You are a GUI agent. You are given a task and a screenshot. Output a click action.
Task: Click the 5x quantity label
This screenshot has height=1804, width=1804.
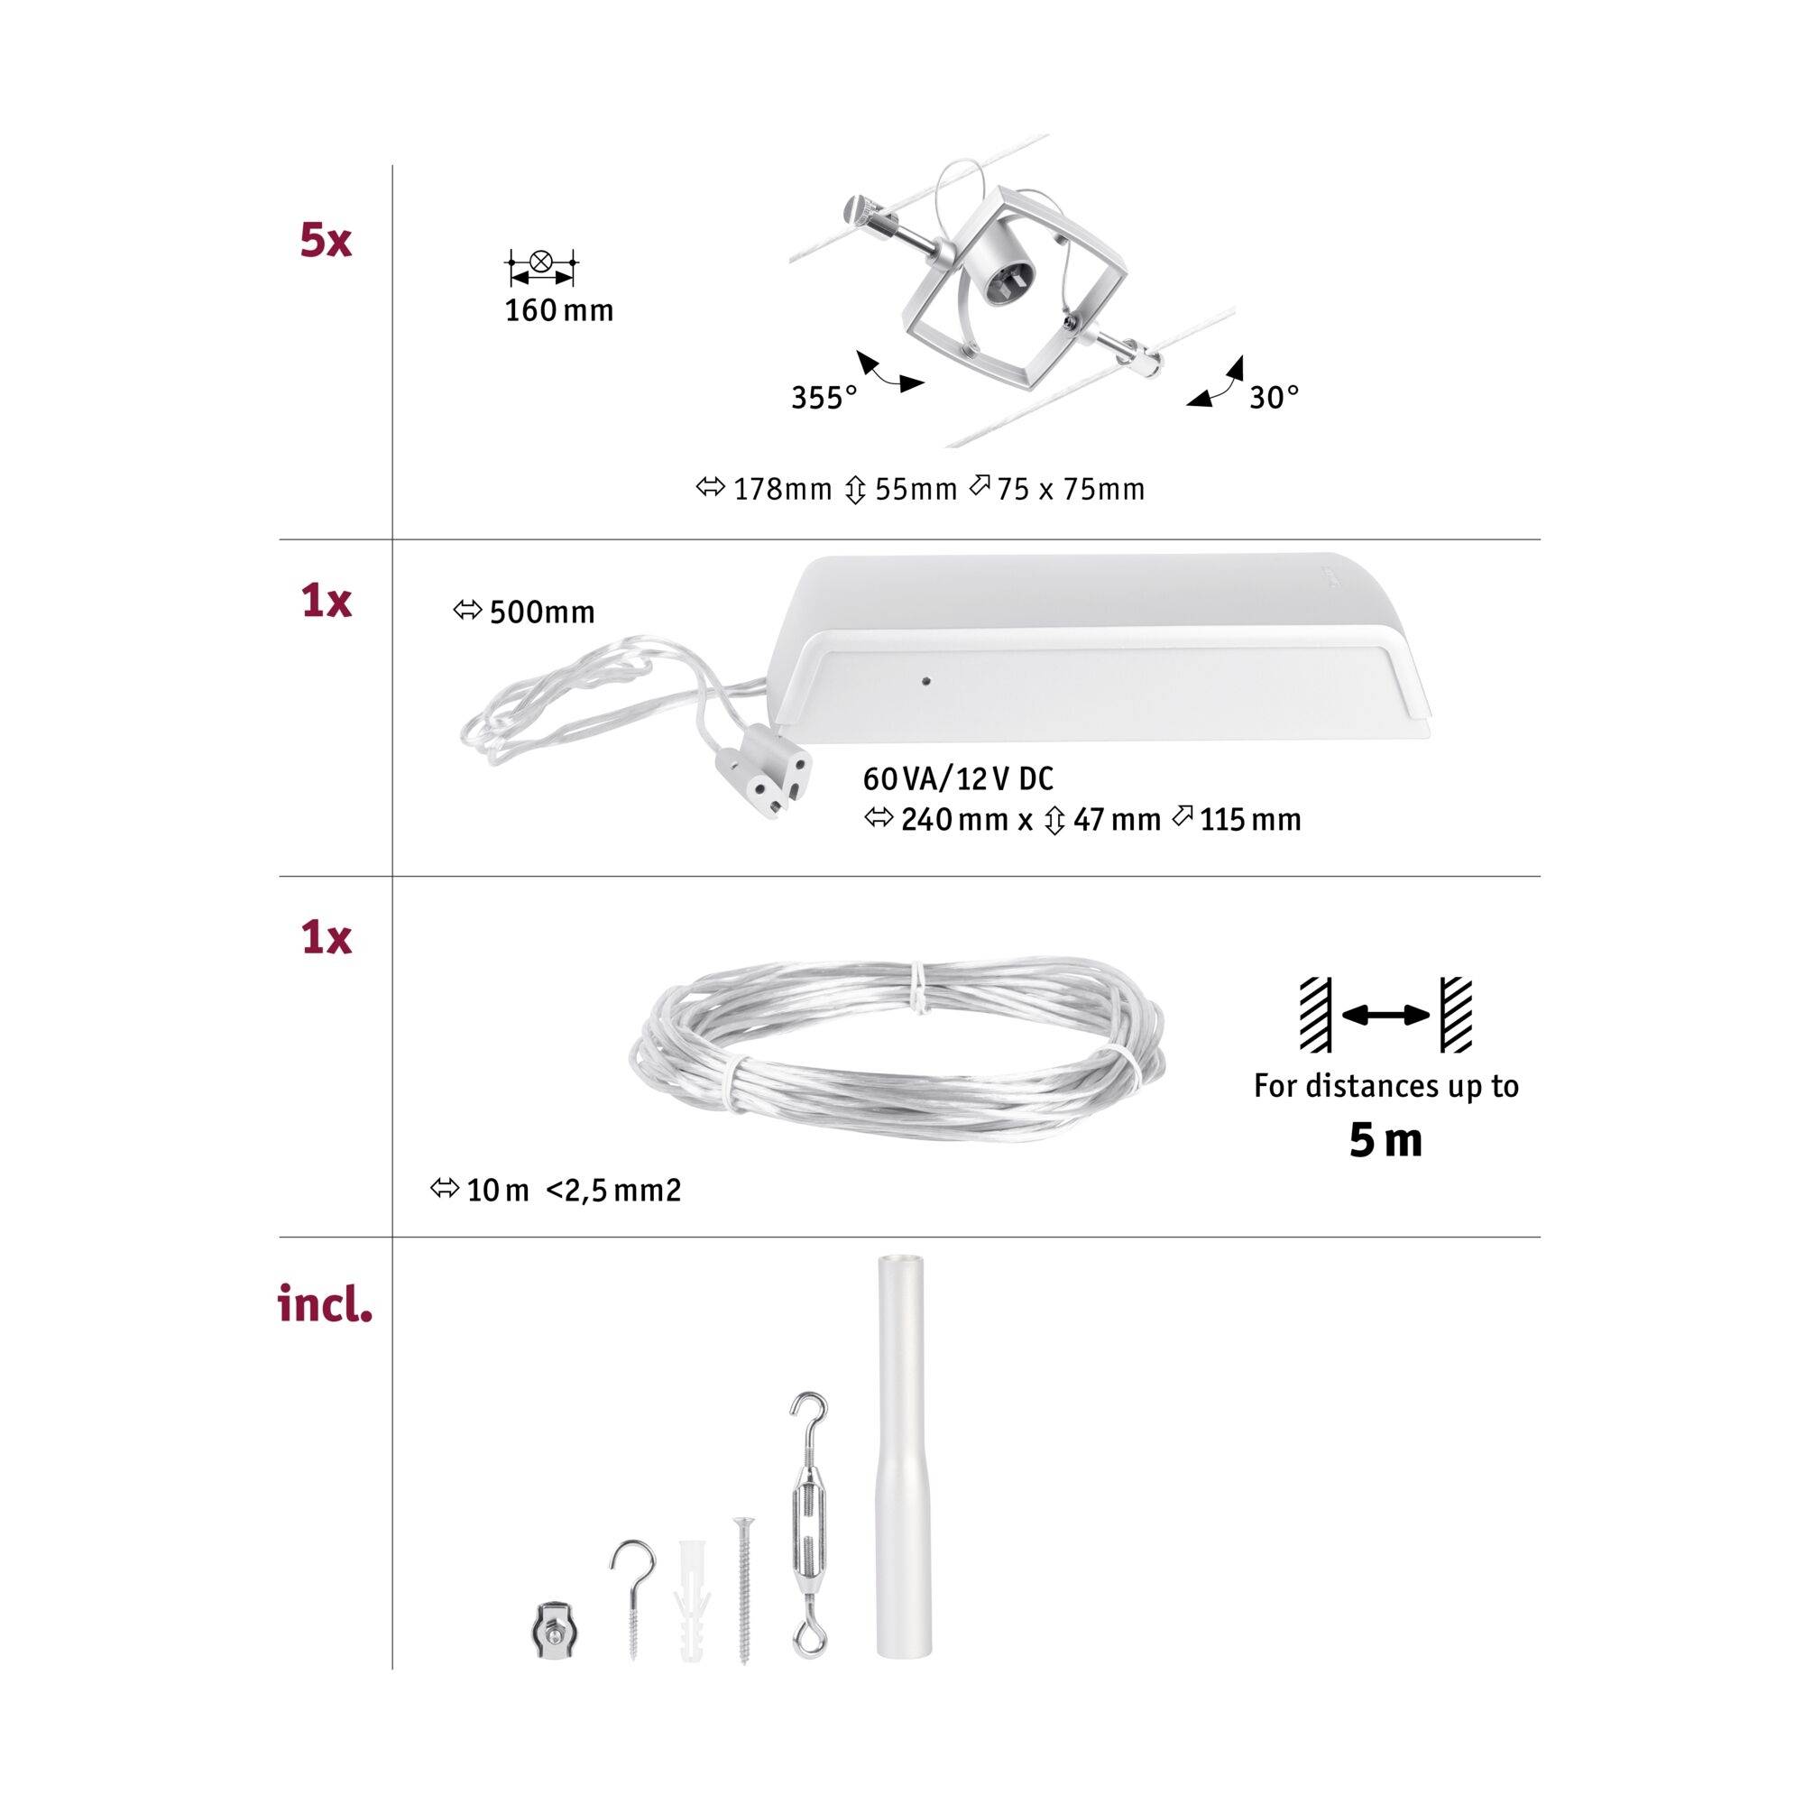pyautogui.click(x=325, y=242)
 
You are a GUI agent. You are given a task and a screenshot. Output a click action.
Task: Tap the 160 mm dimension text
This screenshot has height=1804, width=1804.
pyautogui.click(x=558, y=311)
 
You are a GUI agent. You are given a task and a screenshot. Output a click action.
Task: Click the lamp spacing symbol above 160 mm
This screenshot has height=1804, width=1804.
pyautogui.click(x=540, y=266)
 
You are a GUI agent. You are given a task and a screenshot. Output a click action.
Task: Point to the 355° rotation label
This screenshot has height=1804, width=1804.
pyautogui.click(x=824, y=399)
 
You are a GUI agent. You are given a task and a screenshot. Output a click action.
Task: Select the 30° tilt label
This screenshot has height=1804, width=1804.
pyautogui.click(x=1274, y=399)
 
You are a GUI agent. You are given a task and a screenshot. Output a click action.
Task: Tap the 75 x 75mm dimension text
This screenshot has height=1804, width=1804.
pyautogui.click(x=1070, y=489)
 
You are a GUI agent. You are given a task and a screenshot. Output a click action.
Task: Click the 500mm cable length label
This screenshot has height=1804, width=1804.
pyautogui.click(x=540, y=612)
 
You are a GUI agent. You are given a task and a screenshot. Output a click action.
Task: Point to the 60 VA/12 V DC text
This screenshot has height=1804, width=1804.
pyautogui.click(x=958, y=778)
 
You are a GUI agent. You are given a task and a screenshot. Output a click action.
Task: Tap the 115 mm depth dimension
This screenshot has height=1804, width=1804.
pyautogui.click(x=1249, y=821)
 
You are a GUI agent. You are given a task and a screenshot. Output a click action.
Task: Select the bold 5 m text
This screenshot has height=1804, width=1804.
pyautogui.click(x=1385, y=1141)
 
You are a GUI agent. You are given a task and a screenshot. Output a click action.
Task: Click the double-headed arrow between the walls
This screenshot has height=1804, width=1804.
pyautogui.click(x=1385, y=1015)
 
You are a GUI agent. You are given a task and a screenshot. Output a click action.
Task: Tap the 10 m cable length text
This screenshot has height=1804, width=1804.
pyautogui.click(x=498, y=1191)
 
